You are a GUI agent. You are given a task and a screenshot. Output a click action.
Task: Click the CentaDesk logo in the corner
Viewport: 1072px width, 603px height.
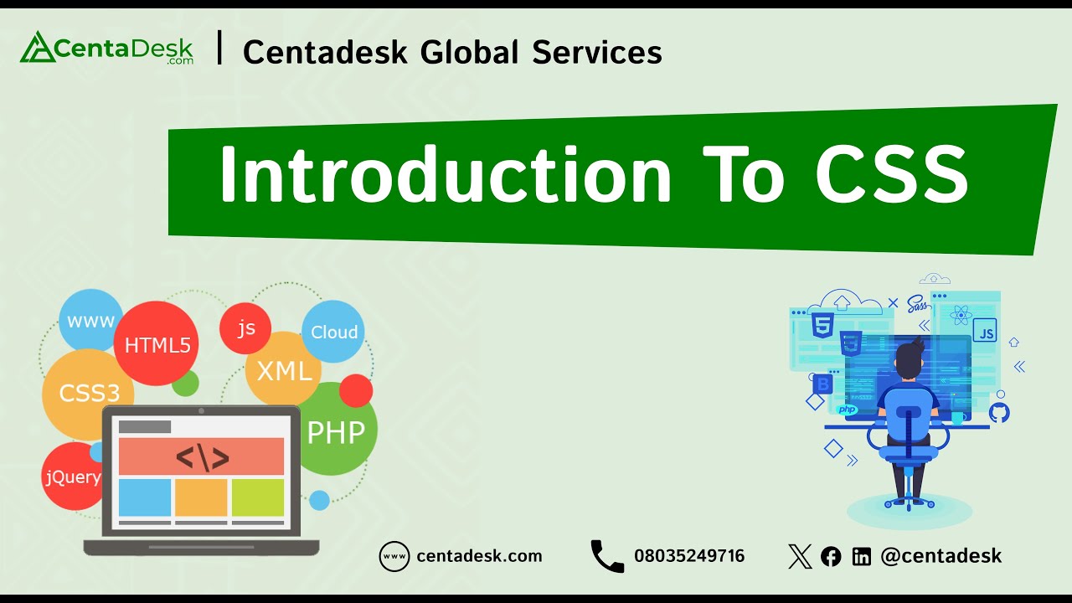pyautogui.click(x=106, y=49)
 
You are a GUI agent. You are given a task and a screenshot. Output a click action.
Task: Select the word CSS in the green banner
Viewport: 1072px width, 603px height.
pyautogui.click(x=891, y=176)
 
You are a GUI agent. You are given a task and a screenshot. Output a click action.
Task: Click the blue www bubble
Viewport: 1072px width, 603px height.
pyautogui.click(x=90, y=322)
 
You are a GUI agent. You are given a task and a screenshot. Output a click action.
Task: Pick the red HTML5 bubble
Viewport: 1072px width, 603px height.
pyautogui.click(x=157, y=344)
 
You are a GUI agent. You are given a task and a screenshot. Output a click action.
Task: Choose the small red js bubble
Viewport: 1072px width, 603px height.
pyautogui.click(x=245, y=328)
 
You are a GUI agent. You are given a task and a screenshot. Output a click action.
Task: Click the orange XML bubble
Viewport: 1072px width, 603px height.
pyautogui.click(x=284, y=370)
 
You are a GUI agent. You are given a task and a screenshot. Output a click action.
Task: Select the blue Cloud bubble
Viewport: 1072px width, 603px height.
pyautogui.click(x=333, y=332)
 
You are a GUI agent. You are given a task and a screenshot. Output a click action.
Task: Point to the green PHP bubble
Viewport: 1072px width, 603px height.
pyautogui.click(x=336, y=432)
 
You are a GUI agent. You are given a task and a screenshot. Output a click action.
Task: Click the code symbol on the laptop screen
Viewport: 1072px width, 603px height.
pyautogui.click(x=202, y=456)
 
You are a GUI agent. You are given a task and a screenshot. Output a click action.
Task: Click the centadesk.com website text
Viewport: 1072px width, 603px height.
pyautogui.click(x=479, y=556)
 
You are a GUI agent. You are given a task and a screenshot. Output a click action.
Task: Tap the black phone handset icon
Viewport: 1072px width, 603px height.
pyautogui.click(x=607, y=556)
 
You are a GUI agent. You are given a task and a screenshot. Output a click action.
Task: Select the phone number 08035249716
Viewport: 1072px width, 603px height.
pyautogui.click(x=689, y=556)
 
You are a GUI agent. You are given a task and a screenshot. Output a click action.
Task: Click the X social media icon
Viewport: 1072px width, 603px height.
pyautogui.click(x=800, y=556)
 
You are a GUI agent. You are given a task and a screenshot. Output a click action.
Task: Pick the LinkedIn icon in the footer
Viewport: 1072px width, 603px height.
pyautogui.click(x=861, y=556)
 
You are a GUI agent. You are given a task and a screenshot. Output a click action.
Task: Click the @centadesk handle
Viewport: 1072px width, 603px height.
pyautogui.click(x=941, y=556)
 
